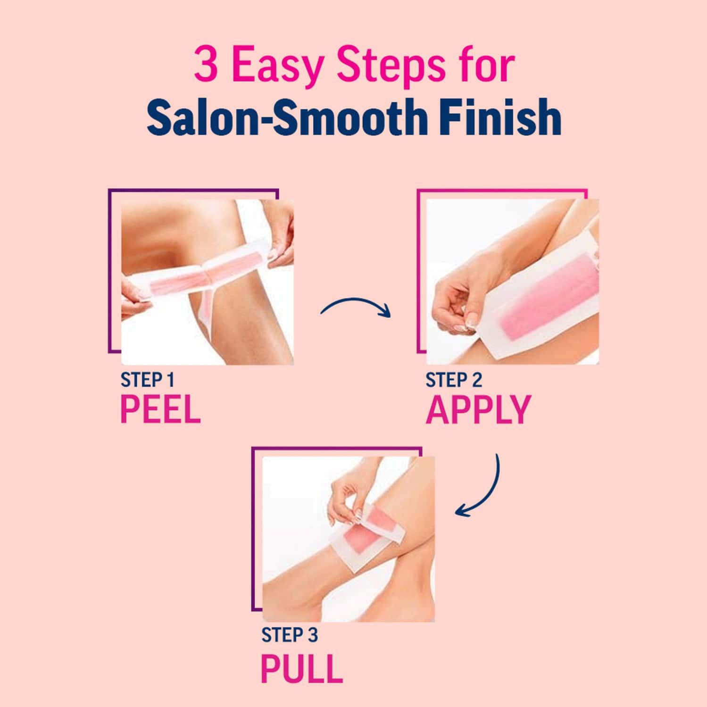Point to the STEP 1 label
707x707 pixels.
(148, 380)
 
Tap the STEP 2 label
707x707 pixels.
(454, 380)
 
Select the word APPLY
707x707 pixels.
(478, 409)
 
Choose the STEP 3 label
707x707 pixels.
(290, 635)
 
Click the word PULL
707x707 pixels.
(301, 668)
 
